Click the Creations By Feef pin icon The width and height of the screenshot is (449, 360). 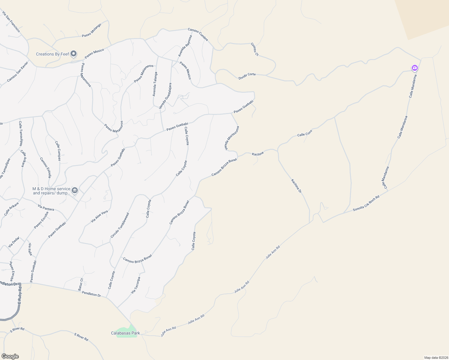74,54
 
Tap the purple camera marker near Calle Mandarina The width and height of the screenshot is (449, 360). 414,68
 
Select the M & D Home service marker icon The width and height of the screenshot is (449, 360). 75,190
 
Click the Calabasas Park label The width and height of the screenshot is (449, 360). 125,333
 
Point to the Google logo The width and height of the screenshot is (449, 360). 10,356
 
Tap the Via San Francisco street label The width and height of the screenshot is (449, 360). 11,22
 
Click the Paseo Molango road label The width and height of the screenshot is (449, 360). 92,31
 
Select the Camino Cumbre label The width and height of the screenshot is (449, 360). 198,34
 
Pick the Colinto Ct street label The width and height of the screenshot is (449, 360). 255,49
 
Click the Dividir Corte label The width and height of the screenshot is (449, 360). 247,76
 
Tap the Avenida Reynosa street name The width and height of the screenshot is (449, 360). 185,46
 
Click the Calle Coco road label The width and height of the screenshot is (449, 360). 305,133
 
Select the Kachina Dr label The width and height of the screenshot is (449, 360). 296,186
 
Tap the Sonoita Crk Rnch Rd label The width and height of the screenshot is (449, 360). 366,203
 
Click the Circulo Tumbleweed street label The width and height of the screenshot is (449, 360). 120,226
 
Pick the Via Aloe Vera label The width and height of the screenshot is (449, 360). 99,216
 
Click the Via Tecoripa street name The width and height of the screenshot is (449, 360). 136,285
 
